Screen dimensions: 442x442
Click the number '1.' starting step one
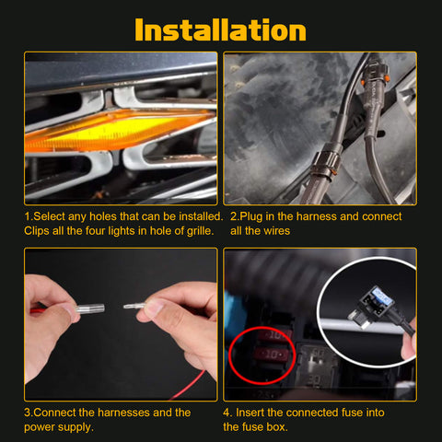(29, 216)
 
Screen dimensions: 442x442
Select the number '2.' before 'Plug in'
(234, 216)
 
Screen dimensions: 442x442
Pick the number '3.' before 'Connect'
(29, 413)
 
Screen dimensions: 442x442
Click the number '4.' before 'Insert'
(228, 413)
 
